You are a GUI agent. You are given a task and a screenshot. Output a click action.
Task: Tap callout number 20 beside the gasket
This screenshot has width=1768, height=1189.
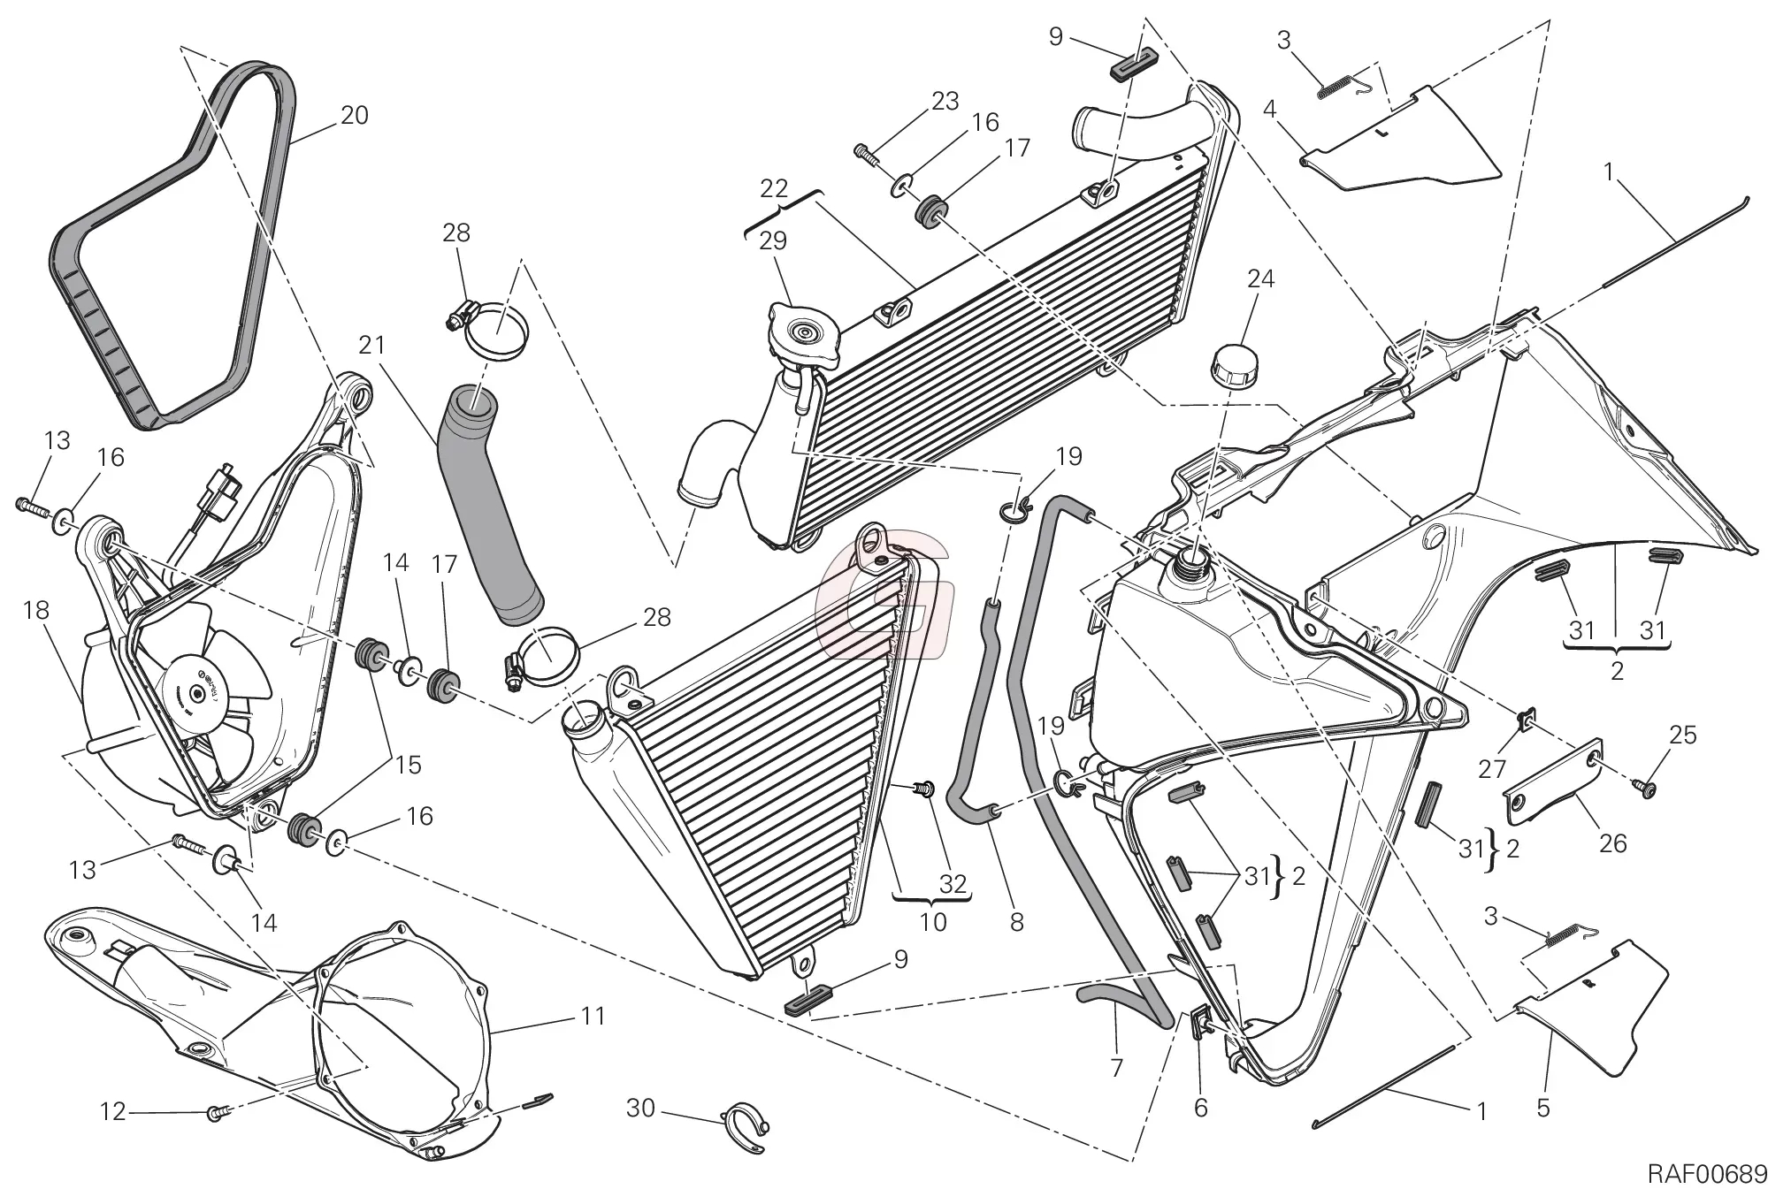(x=354, y=116)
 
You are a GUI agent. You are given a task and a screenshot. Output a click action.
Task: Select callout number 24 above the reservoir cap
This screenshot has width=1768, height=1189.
(x=1260, y=279)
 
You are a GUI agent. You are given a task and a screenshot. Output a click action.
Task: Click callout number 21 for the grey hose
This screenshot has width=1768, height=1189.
(x=372, y=345)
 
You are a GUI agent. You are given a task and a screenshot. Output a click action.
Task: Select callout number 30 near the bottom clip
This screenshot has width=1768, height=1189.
(x=640, y=1107)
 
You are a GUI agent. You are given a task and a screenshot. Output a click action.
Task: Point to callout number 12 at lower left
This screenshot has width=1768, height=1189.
(x=113, y=1111)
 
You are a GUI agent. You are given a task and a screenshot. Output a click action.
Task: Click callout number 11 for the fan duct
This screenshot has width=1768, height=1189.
(x=593, y=1017)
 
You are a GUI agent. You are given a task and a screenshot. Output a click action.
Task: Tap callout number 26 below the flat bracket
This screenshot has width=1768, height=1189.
(x=1612, y=843)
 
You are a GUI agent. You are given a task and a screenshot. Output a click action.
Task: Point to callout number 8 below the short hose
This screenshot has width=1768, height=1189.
(x=1016, y=922)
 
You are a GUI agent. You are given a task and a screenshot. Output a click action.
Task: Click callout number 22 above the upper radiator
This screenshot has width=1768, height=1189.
(x=773, y=188)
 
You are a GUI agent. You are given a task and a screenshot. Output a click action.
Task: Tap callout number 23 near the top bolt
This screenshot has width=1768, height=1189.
(x=945, y=102)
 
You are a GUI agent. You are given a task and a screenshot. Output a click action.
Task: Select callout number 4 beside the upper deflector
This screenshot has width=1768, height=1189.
(x=1269, y=110)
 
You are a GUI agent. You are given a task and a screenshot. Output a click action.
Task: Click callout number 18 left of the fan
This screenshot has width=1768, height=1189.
(x=36, y=610)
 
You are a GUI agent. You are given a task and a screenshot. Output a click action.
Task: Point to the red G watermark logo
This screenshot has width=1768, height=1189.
(x=884, y=601)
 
